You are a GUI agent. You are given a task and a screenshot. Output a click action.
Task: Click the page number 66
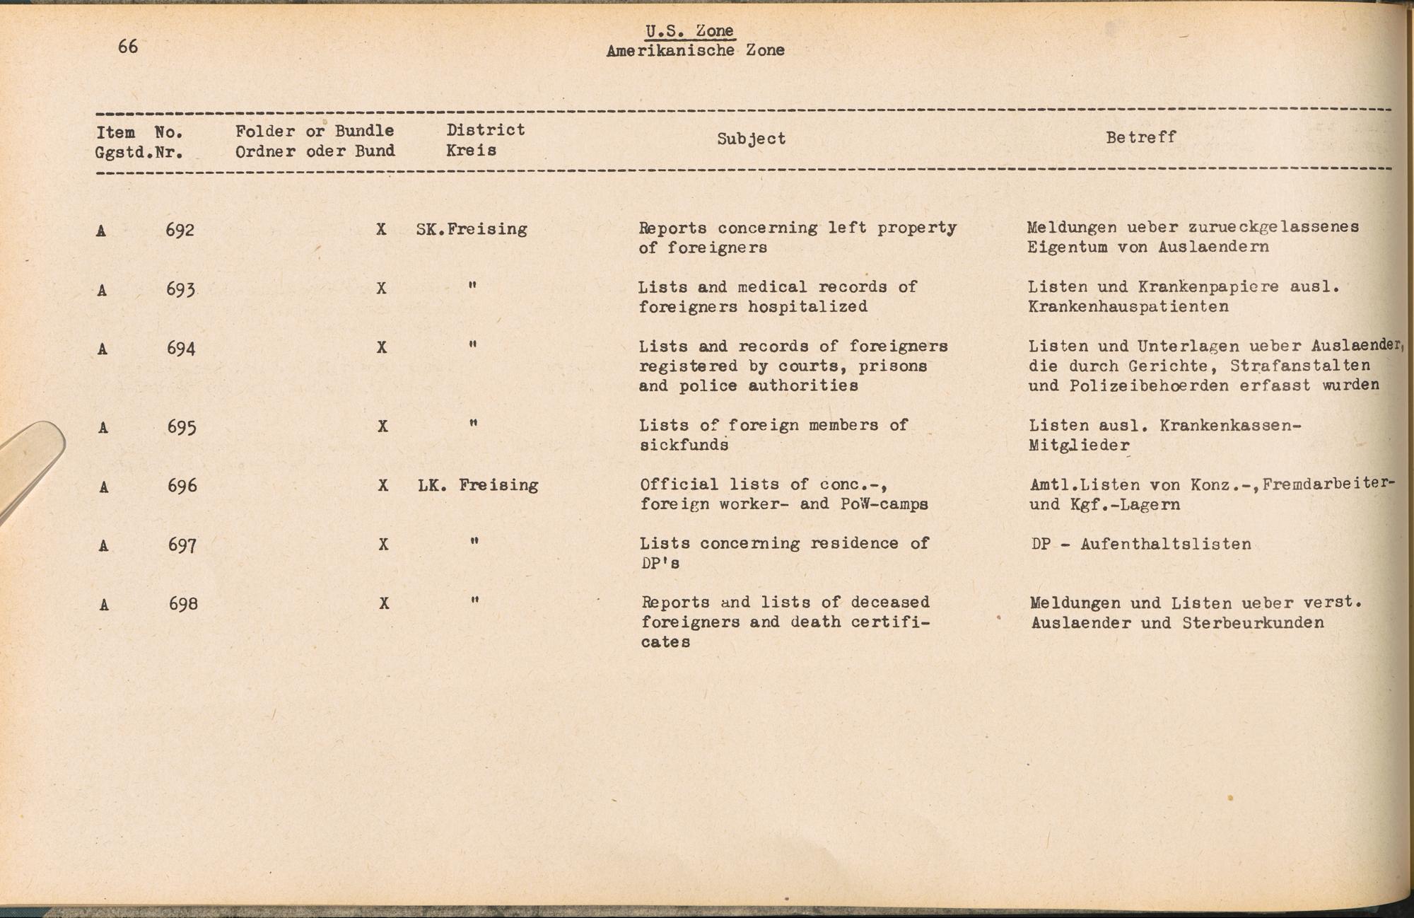pos(128,47)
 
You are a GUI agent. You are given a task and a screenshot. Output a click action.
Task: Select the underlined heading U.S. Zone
pos(689,31)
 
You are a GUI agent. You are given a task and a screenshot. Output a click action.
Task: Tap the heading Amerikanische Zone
pos(695,50)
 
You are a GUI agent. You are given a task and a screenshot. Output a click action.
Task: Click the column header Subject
pos(751,139)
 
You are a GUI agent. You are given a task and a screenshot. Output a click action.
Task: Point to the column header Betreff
pos(1140,137)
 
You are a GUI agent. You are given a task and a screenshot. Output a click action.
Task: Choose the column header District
pos(486,130)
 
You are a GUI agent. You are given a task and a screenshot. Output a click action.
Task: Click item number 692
pos(180,230)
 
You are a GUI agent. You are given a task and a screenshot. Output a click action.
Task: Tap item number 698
pos(183,604)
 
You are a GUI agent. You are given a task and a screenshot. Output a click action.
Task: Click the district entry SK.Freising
pos(472,229)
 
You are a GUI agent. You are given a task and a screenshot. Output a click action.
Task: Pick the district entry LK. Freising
pos(478,485)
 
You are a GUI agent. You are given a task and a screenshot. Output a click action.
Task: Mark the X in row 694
pos(382,347)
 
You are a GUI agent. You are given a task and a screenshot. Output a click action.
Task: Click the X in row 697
pos(383,545)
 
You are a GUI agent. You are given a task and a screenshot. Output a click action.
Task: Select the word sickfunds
pos(684,445)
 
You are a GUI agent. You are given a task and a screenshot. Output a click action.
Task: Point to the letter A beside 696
pos(103,487)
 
